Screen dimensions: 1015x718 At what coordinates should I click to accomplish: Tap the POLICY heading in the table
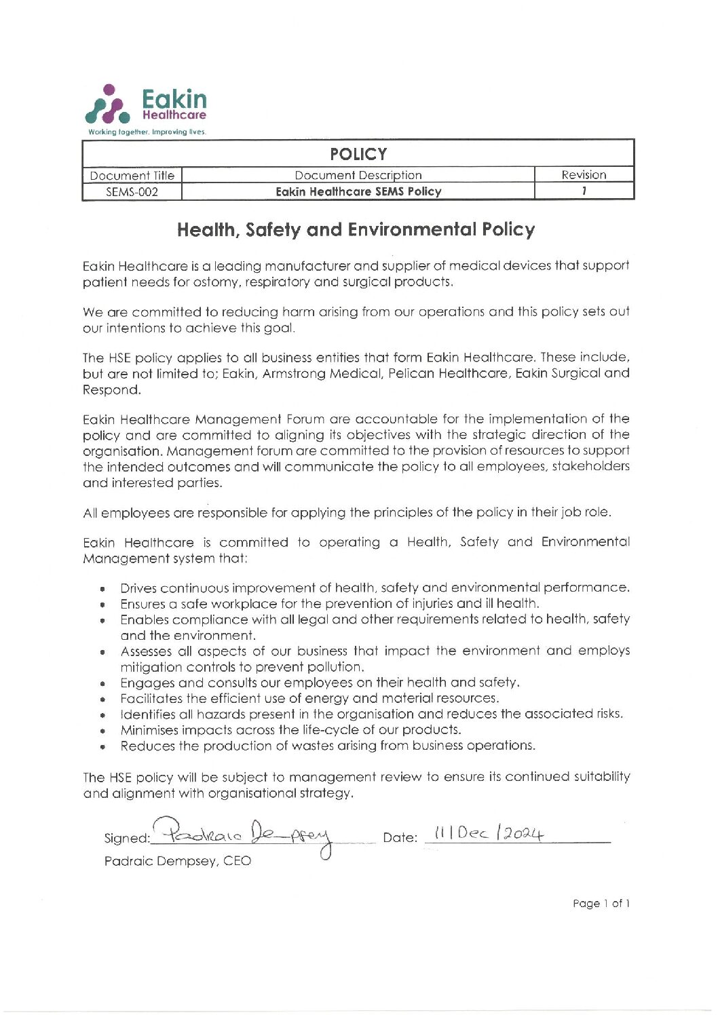coord(358,154)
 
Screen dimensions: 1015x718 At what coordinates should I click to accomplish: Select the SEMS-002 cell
coord(132,192)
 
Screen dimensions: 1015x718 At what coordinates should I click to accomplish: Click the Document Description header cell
coord(358,175)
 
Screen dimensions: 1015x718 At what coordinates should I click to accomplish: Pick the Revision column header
coord(584,175)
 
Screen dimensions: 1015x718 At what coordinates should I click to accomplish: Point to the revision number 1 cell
coord(584,191)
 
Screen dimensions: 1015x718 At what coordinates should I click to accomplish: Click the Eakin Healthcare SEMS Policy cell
coord(358,192)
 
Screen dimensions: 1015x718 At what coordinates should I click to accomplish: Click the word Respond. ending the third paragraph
coord(112,390)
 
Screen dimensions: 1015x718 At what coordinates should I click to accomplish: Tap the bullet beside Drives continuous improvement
coord(102,589)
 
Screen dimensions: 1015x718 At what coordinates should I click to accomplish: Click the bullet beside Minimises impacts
coord(102,731)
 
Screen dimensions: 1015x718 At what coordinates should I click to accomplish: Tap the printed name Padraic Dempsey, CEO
coord(177,862)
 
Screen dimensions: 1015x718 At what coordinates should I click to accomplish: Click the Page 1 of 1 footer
coord(601,904)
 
